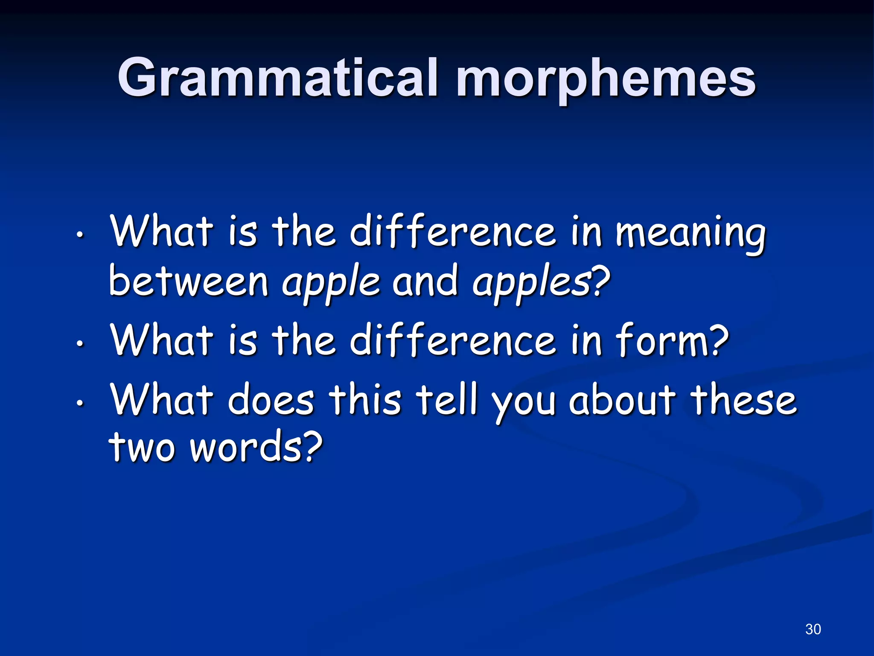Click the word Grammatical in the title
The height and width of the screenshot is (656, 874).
(x=277, y=78)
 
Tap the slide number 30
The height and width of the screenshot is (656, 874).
(x=813, y=629)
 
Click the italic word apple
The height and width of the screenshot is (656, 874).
(x=331, y=282)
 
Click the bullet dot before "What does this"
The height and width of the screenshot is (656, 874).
(x=79, y=402)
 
